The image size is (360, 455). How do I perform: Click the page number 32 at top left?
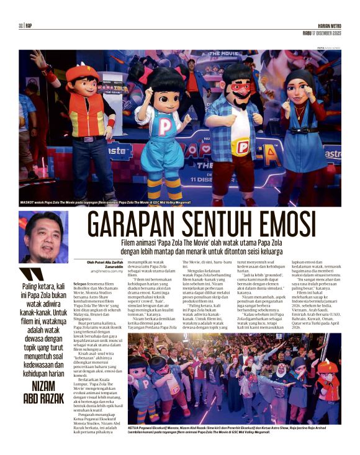coord(20,26)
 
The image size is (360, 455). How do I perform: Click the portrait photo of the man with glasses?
coord(43,237)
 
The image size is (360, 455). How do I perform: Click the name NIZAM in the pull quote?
coord(43,367)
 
